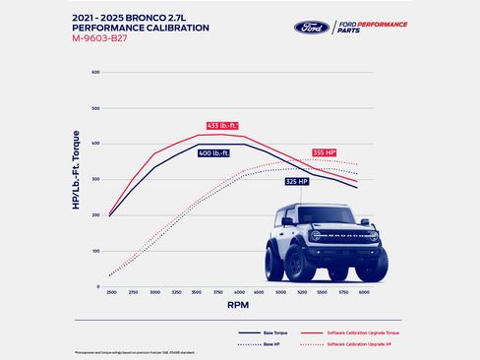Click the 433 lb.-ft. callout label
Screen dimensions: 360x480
coord(222,126)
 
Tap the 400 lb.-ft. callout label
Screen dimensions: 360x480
coord(214,153)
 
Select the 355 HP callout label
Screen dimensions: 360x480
coord(326,152)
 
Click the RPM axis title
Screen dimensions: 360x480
coord(239,305)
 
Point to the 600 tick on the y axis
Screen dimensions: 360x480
coord(96,73)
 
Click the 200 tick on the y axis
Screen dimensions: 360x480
coord(96,215)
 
